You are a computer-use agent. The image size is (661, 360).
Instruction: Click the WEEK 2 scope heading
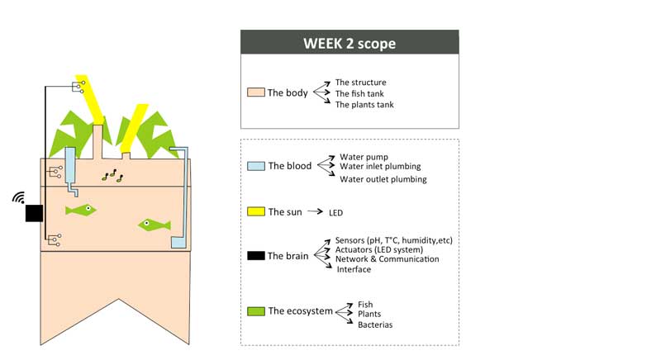coord(350,44)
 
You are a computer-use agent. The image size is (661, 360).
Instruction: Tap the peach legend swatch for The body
coord(256,92)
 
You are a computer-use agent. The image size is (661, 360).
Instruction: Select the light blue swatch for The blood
coord(256,165)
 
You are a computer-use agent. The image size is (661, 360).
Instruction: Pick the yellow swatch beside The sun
coord(256,211)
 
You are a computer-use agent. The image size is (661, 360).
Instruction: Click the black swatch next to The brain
coord(256,256)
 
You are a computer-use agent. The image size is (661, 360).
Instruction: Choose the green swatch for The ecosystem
coord(256,311)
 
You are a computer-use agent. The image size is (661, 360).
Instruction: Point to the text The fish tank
coord(359,93)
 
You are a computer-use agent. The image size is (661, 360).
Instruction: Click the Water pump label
coord(364,157)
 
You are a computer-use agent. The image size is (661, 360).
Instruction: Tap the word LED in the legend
coord(336,213)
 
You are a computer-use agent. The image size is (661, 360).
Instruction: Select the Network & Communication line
coord(387,259)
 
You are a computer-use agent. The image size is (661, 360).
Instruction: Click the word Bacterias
coord(375,324)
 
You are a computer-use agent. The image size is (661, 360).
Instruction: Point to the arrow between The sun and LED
coord(315,211)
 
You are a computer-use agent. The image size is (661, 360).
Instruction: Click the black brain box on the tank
coord(34,213)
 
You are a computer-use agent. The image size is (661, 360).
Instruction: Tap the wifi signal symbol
coord(19,197)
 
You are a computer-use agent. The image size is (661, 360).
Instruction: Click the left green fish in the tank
coord(80,209)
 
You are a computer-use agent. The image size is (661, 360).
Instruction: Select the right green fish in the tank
coord(155,225)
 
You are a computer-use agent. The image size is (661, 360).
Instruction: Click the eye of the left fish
coord(88,208)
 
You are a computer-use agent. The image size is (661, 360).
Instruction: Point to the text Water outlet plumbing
coord(383,179)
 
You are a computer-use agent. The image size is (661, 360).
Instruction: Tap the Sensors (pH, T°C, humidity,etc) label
coord(394,240)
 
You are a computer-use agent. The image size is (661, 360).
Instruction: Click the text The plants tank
coord(364,104)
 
